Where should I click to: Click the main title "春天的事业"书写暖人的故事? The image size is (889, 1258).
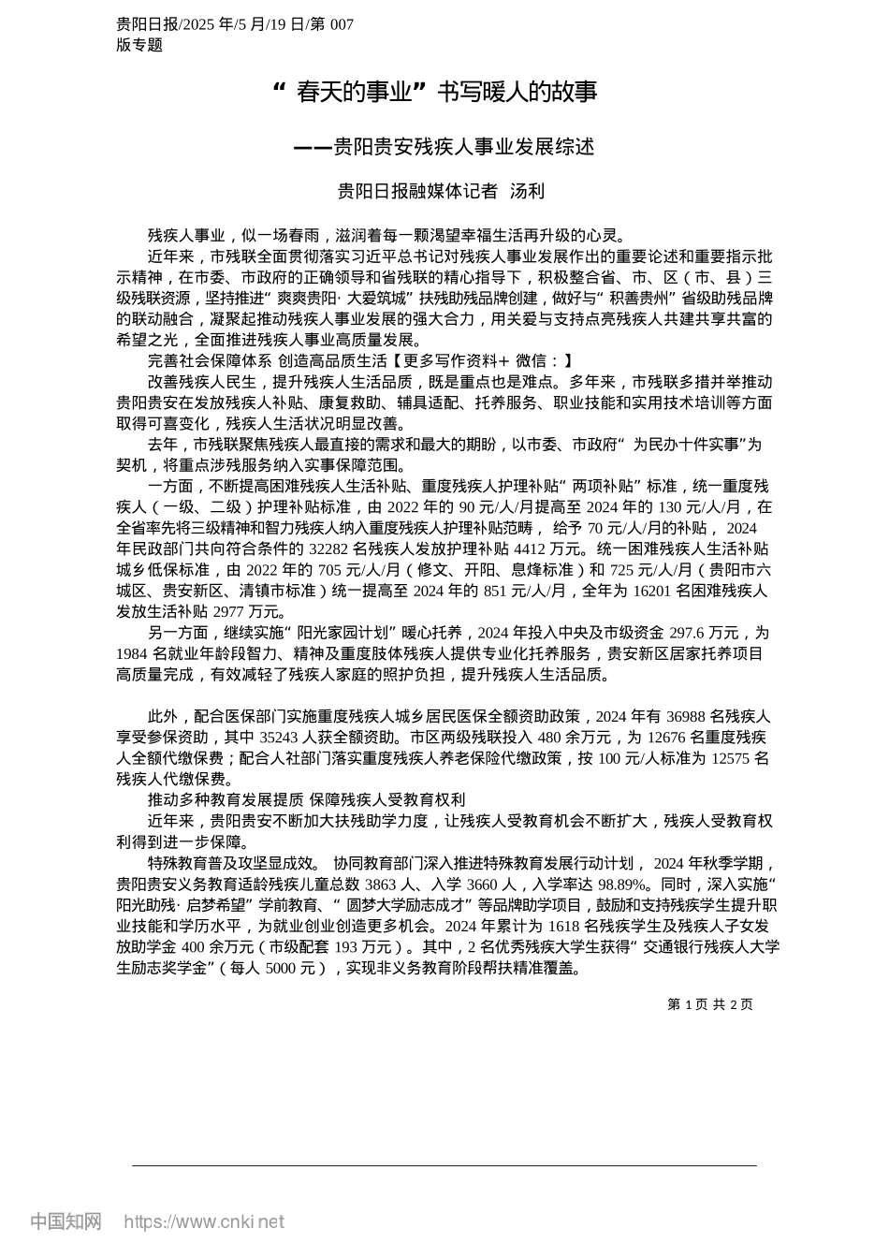coord(433,92)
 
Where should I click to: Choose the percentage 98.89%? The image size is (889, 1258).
coord(621,884)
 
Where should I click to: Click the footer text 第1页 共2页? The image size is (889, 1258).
coord(709,1004)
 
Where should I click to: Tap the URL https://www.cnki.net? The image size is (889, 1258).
coord(204,1221)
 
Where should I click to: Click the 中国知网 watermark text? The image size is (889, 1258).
coord(66,1221)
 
